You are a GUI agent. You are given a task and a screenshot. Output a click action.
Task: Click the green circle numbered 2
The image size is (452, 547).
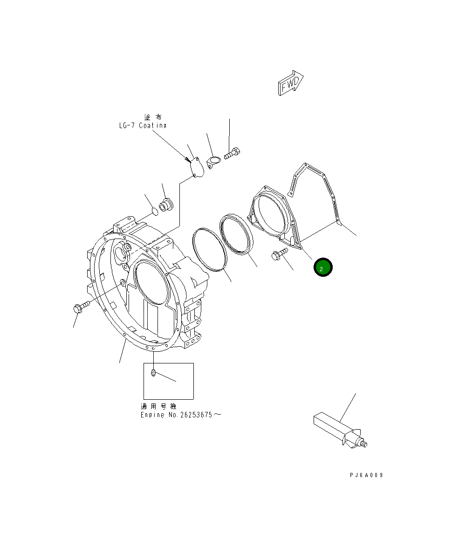click(323, 267)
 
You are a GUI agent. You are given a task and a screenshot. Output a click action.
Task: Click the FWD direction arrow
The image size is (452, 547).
click(290, 83)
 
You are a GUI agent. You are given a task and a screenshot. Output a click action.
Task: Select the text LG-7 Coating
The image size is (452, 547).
click(143, 126)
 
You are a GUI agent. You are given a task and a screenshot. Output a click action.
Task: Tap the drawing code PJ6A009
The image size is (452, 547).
click(366, 475)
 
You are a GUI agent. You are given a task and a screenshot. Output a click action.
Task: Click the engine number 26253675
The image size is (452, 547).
click(196, 415)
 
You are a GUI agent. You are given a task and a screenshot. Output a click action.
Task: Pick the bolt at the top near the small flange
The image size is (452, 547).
click(232, 153)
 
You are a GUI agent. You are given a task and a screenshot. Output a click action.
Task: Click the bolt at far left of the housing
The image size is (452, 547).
click(82, 307)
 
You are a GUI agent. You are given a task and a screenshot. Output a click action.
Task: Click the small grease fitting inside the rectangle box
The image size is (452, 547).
click(153, 373)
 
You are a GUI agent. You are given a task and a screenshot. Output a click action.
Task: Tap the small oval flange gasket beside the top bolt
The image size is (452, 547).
click(213, 163)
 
